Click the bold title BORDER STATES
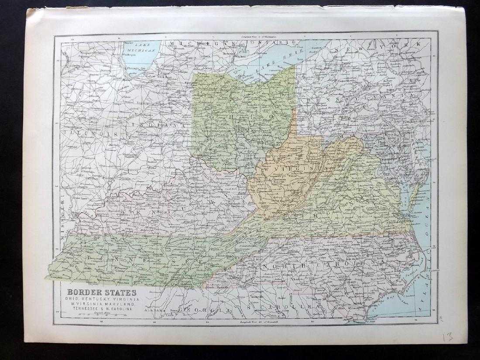[x=101, y=292]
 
